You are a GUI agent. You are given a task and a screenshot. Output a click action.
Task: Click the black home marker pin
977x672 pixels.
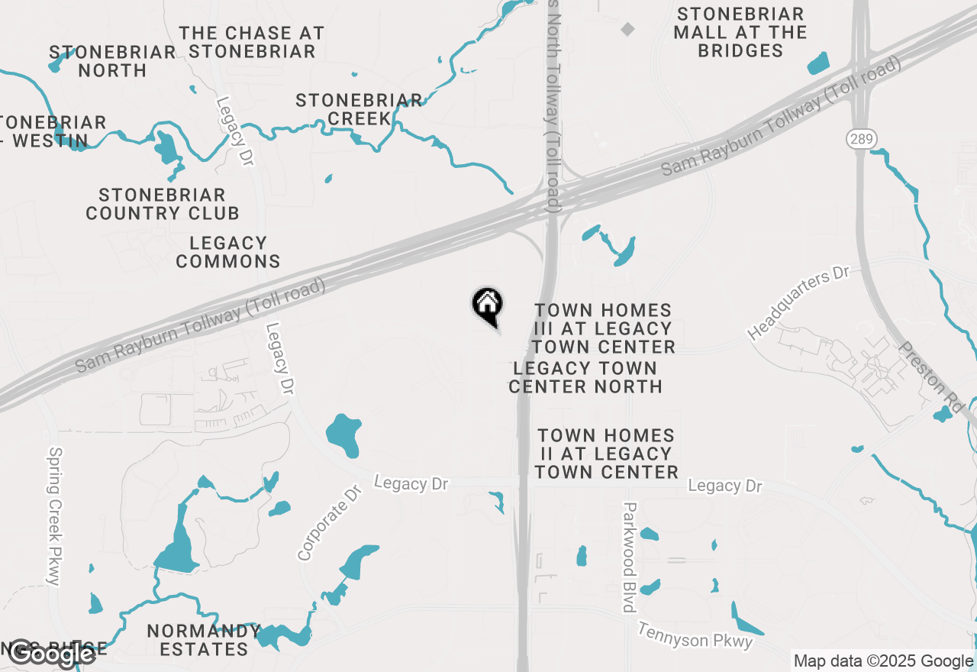point(487,305)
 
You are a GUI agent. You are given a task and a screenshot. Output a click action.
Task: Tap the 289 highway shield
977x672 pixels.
point(862,139)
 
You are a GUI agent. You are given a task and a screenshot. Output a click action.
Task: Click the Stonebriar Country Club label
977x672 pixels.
point(163,204)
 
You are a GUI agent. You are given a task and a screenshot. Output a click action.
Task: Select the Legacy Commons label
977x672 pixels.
point(228,252)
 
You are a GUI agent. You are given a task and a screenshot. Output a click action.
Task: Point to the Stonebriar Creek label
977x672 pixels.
point(359,109)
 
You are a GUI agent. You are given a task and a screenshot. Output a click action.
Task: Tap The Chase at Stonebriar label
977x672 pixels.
point(252,42)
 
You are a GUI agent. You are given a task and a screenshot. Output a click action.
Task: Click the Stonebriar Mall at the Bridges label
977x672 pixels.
point(740,32)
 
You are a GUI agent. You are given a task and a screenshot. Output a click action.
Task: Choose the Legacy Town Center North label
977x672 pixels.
point(585,377)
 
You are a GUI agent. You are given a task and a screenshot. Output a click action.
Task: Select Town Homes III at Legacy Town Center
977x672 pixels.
point(604,328)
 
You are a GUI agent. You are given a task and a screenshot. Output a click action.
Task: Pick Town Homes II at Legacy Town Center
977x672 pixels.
point(607,454)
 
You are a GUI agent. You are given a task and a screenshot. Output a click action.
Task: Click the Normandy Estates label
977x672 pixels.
point(204,640)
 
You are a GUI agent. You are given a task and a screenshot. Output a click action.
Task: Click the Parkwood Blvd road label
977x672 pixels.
point(630,557)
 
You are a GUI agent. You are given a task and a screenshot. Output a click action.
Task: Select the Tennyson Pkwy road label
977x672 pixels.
point(695,635)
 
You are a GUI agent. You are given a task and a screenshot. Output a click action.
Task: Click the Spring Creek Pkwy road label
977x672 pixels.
point(53,516)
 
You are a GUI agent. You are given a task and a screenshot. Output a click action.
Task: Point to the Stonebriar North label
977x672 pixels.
point(112,61)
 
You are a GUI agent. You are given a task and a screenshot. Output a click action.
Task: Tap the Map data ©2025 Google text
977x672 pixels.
point(882,661)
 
